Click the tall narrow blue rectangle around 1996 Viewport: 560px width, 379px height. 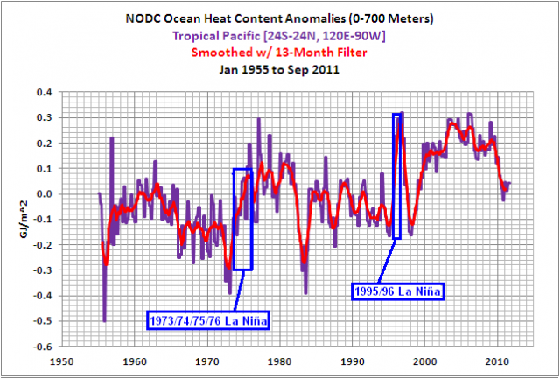click(397, 175)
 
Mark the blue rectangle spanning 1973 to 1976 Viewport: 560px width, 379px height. click(242, 219)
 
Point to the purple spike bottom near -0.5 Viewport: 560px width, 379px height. click(104, 319)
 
